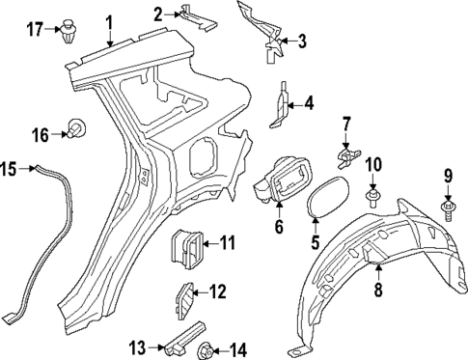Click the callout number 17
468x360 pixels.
click(35, 29)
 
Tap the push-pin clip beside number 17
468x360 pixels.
click(69, 30)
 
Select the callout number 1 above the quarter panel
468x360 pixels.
click(110, 21)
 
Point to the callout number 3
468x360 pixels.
click(302, 41)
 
